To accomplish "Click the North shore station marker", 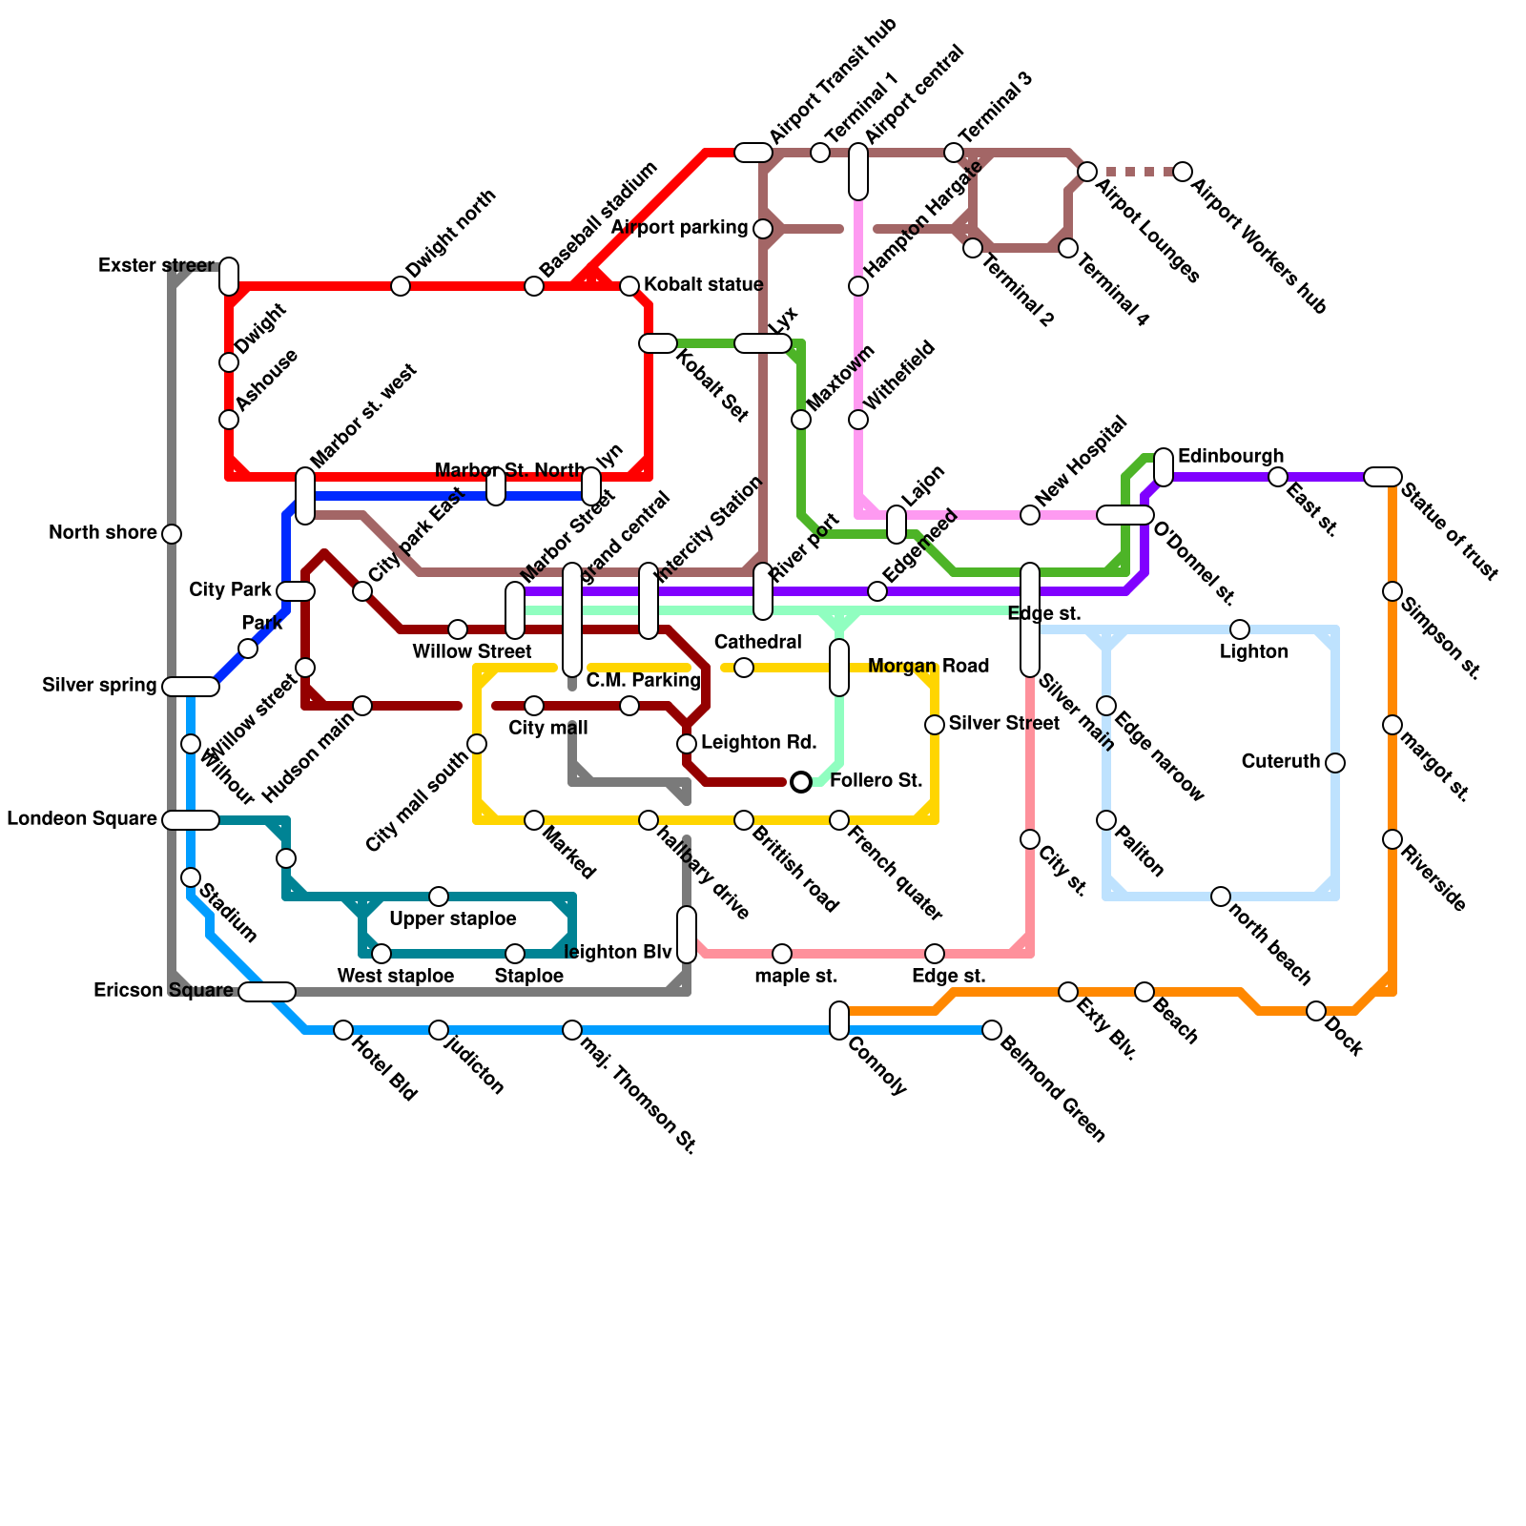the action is pos(172,534).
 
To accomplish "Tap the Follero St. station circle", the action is pos(801,782).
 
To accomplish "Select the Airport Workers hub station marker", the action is pos(1183,172).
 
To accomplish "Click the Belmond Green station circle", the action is pos(992,1030).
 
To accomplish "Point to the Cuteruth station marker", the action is pos(1335,763).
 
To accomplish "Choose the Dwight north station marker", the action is pos(401,286).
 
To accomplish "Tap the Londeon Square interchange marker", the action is pos(191,820).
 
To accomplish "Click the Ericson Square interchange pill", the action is pos(267,992).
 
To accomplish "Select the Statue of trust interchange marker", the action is pos(1383,477).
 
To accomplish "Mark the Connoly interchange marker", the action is pos(839,1021).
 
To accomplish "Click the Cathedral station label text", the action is pos(757,642).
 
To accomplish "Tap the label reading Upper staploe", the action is pos(453,918).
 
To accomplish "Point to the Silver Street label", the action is pos(1003,723).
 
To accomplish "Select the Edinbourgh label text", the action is pos(1230,456).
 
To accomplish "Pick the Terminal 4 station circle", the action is pos(1068,249).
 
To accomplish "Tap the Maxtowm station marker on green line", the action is pos(801,420).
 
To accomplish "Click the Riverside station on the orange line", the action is pos(1392,839).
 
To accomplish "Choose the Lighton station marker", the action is pos(1240,629).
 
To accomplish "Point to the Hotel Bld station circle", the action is pos(343,1030).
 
